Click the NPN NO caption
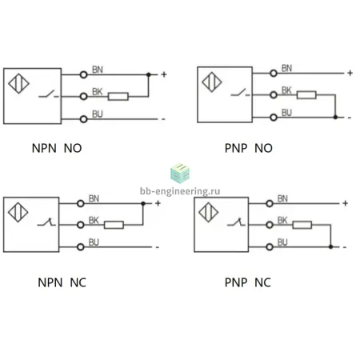[x=57, y=148]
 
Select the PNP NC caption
[x=248, y=282]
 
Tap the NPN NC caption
[x=62, y=282]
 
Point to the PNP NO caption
[x=249, y=148]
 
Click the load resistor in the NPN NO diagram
[x=118, y=97]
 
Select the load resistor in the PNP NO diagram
[x=306, y=95]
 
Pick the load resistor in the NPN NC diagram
[x=114, y=225]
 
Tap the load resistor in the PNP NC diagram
[x=302, y=225]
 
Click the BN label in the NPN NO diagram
[x=98, y=70]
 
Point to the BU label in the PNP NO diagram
[x=287, y=113]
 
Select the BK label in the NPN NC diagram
[x=94, y=221]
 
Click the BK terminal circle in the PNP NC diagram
[x=270, y=225]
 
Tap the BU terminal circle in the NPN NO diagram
[x=84, y=119]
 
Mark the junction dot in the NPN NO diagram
[x=149, y=74]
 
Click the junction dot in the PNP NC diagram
[x=330, y=247]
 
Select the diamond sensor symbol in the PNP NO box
[x=212, y=82]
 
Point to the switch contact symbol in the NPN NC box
[x=46, y=222]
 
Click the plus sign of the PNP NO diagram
[x=350, y=73]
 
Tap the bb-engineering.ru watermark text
[x=180, y=191]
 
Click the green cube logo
[x=180, y=174]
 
